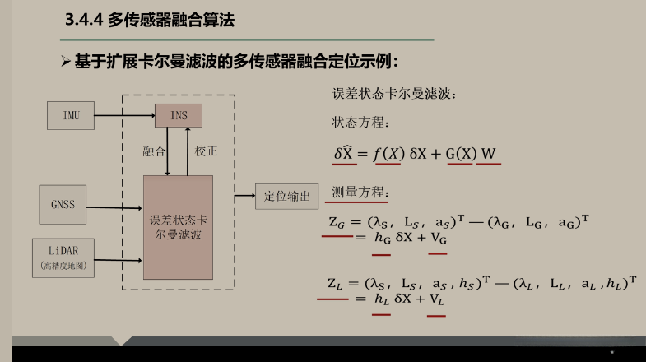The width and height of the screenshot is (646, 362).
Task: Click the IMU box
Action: click(72, 115)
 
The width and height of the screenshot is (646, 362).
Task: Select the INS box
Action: click(179, 116)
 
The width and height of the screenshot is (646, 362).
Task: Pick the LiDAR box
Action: click(63, 256)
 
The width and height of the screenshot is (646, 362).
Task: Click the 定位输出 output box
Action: click(286, 196)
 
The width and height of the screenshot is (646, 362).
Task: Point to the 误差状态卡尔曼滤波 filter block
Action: click(178, 227)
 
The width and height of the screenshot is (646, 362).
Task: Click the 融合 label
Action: click(154, 151)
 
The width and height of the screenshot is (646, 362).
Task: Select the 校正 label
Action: click(206, 151)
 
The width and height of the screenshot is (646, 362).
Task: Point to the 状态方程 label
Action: click(358, 123)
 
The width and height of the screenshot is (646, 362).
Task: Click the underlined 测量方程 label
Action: click(358, 193)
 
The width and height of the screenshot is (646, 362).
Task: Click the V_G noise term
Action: click(438, 238)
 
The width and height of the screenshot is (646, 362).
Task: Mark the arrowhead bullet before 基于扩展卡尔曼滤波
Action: click(67, 63)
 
